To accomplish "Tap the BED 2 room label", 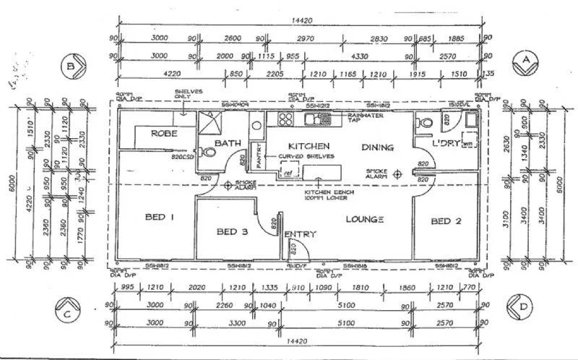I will pos(445,220).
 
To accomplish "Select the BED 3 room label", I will pos(233,232).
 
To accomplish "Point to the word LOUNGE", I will pos(363,219).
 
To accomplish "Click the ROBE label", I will pos(165,134).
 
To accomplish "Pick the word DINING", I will pos(378,147).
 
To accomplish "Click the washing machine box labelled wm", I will pos(467,142).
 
